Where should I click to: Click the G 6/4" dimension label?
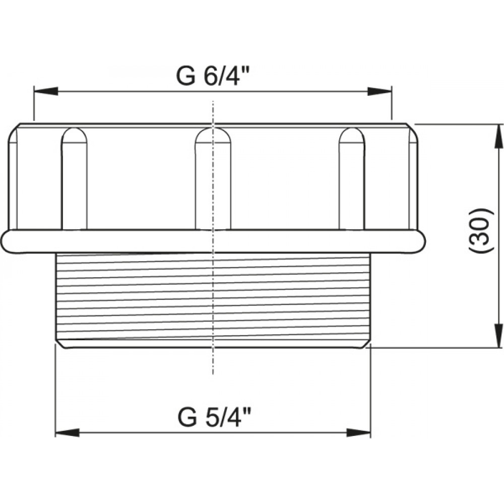pos(213,76)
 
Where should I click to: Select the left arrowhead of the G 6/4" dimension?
pos(46,91)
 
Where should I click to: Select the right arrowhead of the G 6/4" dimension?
pos(380,91)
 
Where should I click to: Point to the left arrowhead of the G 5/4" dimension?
pos(68,432)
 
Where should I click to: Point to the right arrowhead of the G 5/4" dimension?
pos(358,432)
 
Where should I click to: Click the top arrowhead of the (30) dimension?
pos(498,136)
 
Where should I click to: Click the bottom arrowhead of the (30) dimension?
pos(498,336)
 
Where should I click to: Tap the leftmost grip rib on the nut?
pos(74,179)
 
